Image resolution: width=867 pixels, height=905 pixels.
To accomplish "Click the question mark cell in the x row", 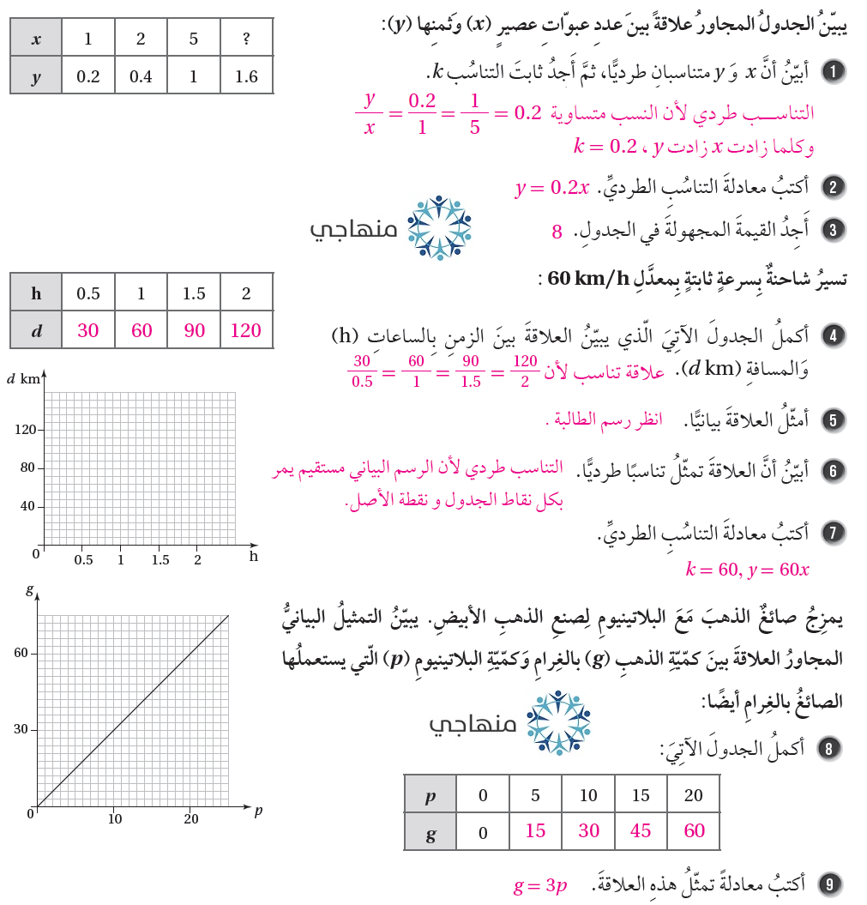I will (x=246, y=39).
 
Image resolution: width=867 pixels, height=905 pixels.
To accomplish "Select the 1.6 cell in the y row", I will (x=246, y=76).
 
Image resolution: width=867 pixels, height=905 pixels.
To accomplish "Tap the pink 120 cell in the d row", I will (x=246, y=330).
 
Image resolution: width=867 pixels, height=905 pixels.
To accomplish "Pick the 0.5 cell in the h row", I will (x=88, y=293).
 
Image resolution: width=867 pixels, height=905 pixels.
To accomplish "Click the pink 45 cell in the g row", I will (x=641, y=830).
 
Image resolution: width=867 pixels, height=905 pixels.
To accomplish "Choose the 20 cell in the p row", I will (x=693, y=795).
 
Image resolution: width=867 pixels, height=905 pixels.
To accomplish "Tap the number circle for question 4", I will (x=832, y=335).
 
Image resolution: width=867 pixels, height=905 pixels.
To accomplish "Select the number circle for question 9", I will (x=829, y=884).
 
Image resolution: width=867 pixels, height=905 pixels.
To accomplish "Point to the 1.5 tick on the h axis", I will (x=160, y=560).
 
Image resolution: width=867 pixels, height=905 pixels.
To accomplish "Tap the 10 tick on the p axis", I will (x=115, y=819).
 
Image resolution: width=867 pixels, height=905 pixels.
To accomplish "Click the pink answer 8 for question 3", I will (x=557, y=232).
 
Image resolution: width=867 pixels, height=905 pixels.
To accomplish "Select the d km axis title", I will (x=23, y=378).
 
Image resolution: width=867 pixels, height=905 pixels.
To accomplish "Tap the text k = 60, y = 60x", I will (x=747, y=569).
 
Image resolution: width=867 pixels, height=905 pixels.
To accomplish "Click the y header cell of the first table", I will (x=36, y=76).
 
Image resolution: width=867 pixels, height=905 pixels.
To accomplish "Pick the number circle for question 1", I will (x=832, y=71).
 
